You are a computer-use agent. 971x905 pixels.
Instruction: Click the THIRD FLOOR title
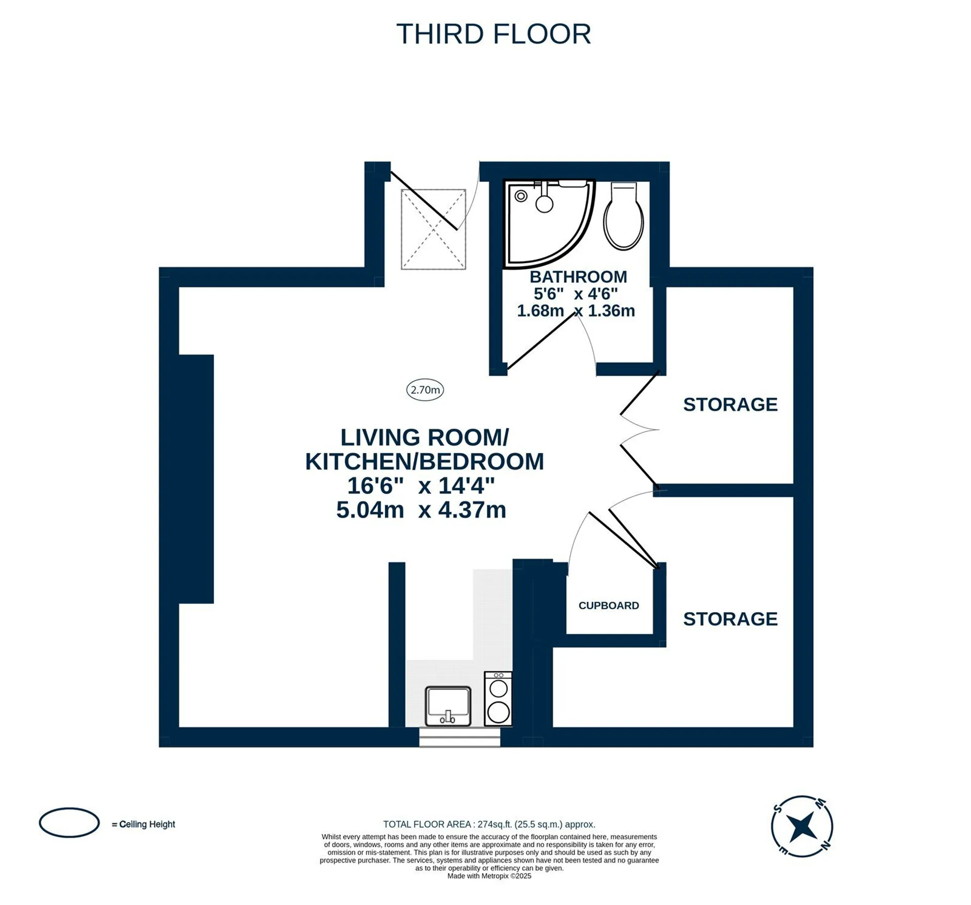tap(494, 34)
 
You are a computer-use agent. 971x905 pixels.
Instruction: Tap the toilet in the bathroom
tap(624, 216)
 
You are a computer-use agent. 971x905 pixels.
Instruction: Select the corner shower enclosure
tap(549, 223)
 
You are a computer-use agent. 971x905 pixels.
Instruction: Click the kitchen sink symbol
tap(448, 706)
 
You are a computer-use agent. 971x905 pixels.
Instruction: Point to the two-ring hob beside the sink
tap(498, 699)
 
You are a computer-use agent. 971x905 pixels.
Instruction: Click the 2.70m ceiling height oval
tap(425, 390)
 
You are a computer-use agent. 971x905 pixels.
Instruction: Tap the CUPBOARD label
tap(608, 606)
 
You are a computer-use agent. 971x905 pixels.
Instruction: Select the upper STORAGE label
tap(730, 405)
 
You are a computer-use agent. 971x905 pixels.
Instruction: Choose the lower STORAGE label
tap(730, 619)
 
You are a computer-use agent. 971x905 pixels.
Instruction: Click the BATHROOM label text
tap(578, 277)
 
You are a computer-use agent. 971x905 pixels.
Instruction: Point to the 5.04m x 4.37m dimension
tap(421, 509)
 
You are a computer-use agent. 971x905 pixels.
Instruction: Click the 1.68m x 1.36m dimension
tap(576, 310)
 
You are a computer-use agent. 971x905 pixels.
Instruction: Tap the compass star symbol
tap(802, 826)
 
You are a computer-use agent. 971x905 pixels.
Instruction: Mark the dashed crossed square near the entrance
tap(433, 229)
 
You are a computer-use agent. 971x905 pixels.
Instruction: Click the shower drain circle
tap(521, 196)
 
